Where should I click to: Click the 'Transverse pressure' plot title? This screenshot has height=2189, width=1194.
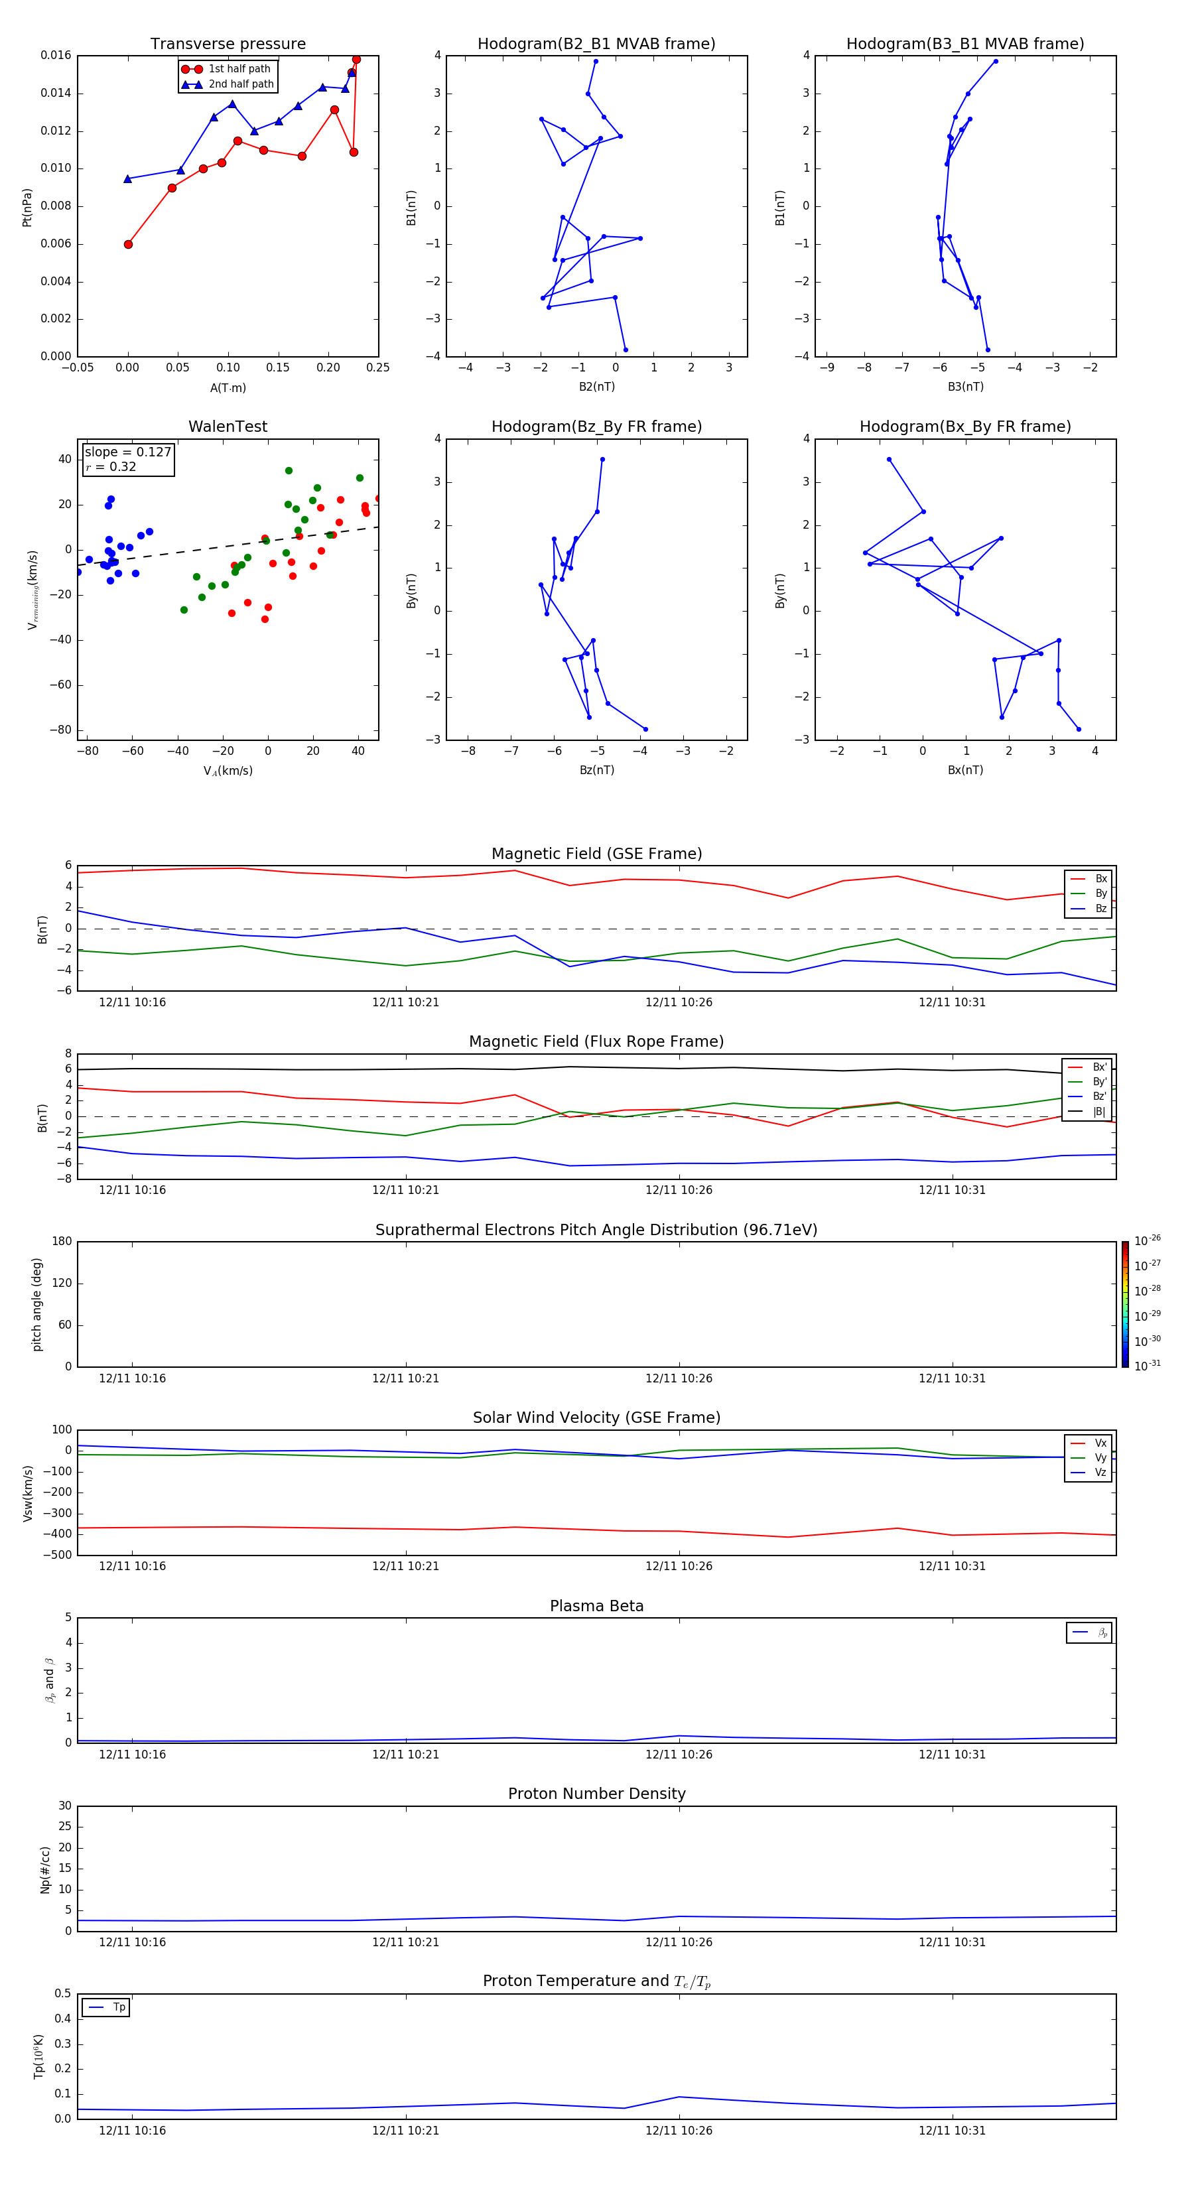tap(228, 44)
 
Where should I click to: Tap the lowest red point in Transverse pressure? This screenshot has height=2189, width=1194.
tap(128, 245)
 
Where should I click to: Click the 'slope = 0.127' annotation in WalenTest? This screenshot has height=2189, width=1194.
tap(127, 452)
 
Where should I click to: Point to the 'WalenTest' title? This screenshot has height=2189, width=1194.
tap(228, 427)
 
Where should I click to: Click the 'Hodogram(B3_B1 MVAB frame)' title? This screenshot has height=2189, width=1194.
tap(964, 44)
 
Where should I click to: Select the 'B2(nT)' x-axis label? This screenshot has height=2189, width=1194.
tap(596, 387)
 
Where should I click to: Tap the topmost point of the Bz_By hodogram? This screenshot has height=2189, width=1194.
tap(602, 460)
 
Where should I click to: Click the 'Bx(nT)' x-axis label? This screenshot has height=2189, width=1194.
tap(964, 770)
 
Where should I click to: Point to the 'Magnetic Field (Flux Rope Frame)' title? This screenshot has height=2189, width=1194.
tap(596, 1042)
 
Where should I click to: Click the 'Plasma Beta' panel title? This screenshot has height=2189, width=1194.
tap(596, 1606)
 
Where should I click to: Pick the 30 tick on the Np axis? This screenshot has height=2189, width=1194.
tap(64, 1806)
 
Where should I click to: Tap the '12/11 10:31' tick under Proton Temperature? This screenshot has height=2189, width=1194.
tap(952, 2131)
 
